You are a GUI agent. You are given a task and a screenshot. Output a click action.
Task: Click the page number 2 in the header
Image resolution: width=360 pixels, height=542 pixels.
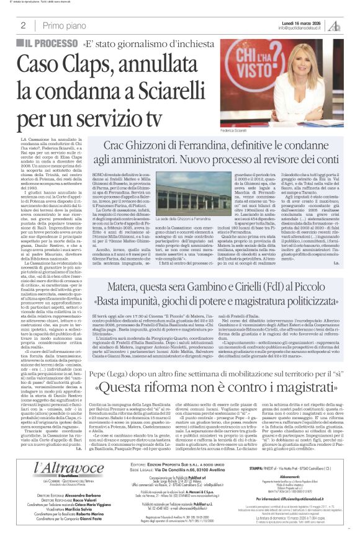pyautogui.click(x=23, y=25)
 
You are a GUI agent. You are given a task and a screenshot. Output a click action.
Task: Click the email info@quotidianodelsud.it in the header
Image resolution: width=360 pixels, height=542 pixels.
pyautogui.click(x=300, y=28)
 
